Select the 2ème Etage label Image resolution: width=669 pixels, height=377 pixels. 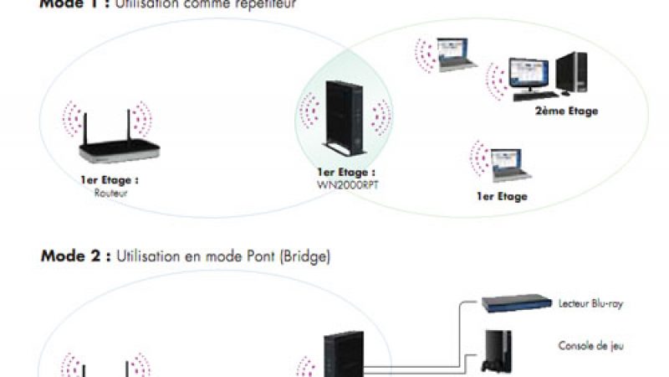point(566,111)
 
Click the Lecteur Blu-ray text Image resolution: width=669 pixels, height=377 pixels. point(590,302)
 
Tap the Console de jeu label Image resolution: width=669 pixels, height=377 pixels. point(590,345)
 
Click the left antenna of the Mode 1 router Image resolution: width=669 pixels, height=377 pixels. point(84,126)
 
